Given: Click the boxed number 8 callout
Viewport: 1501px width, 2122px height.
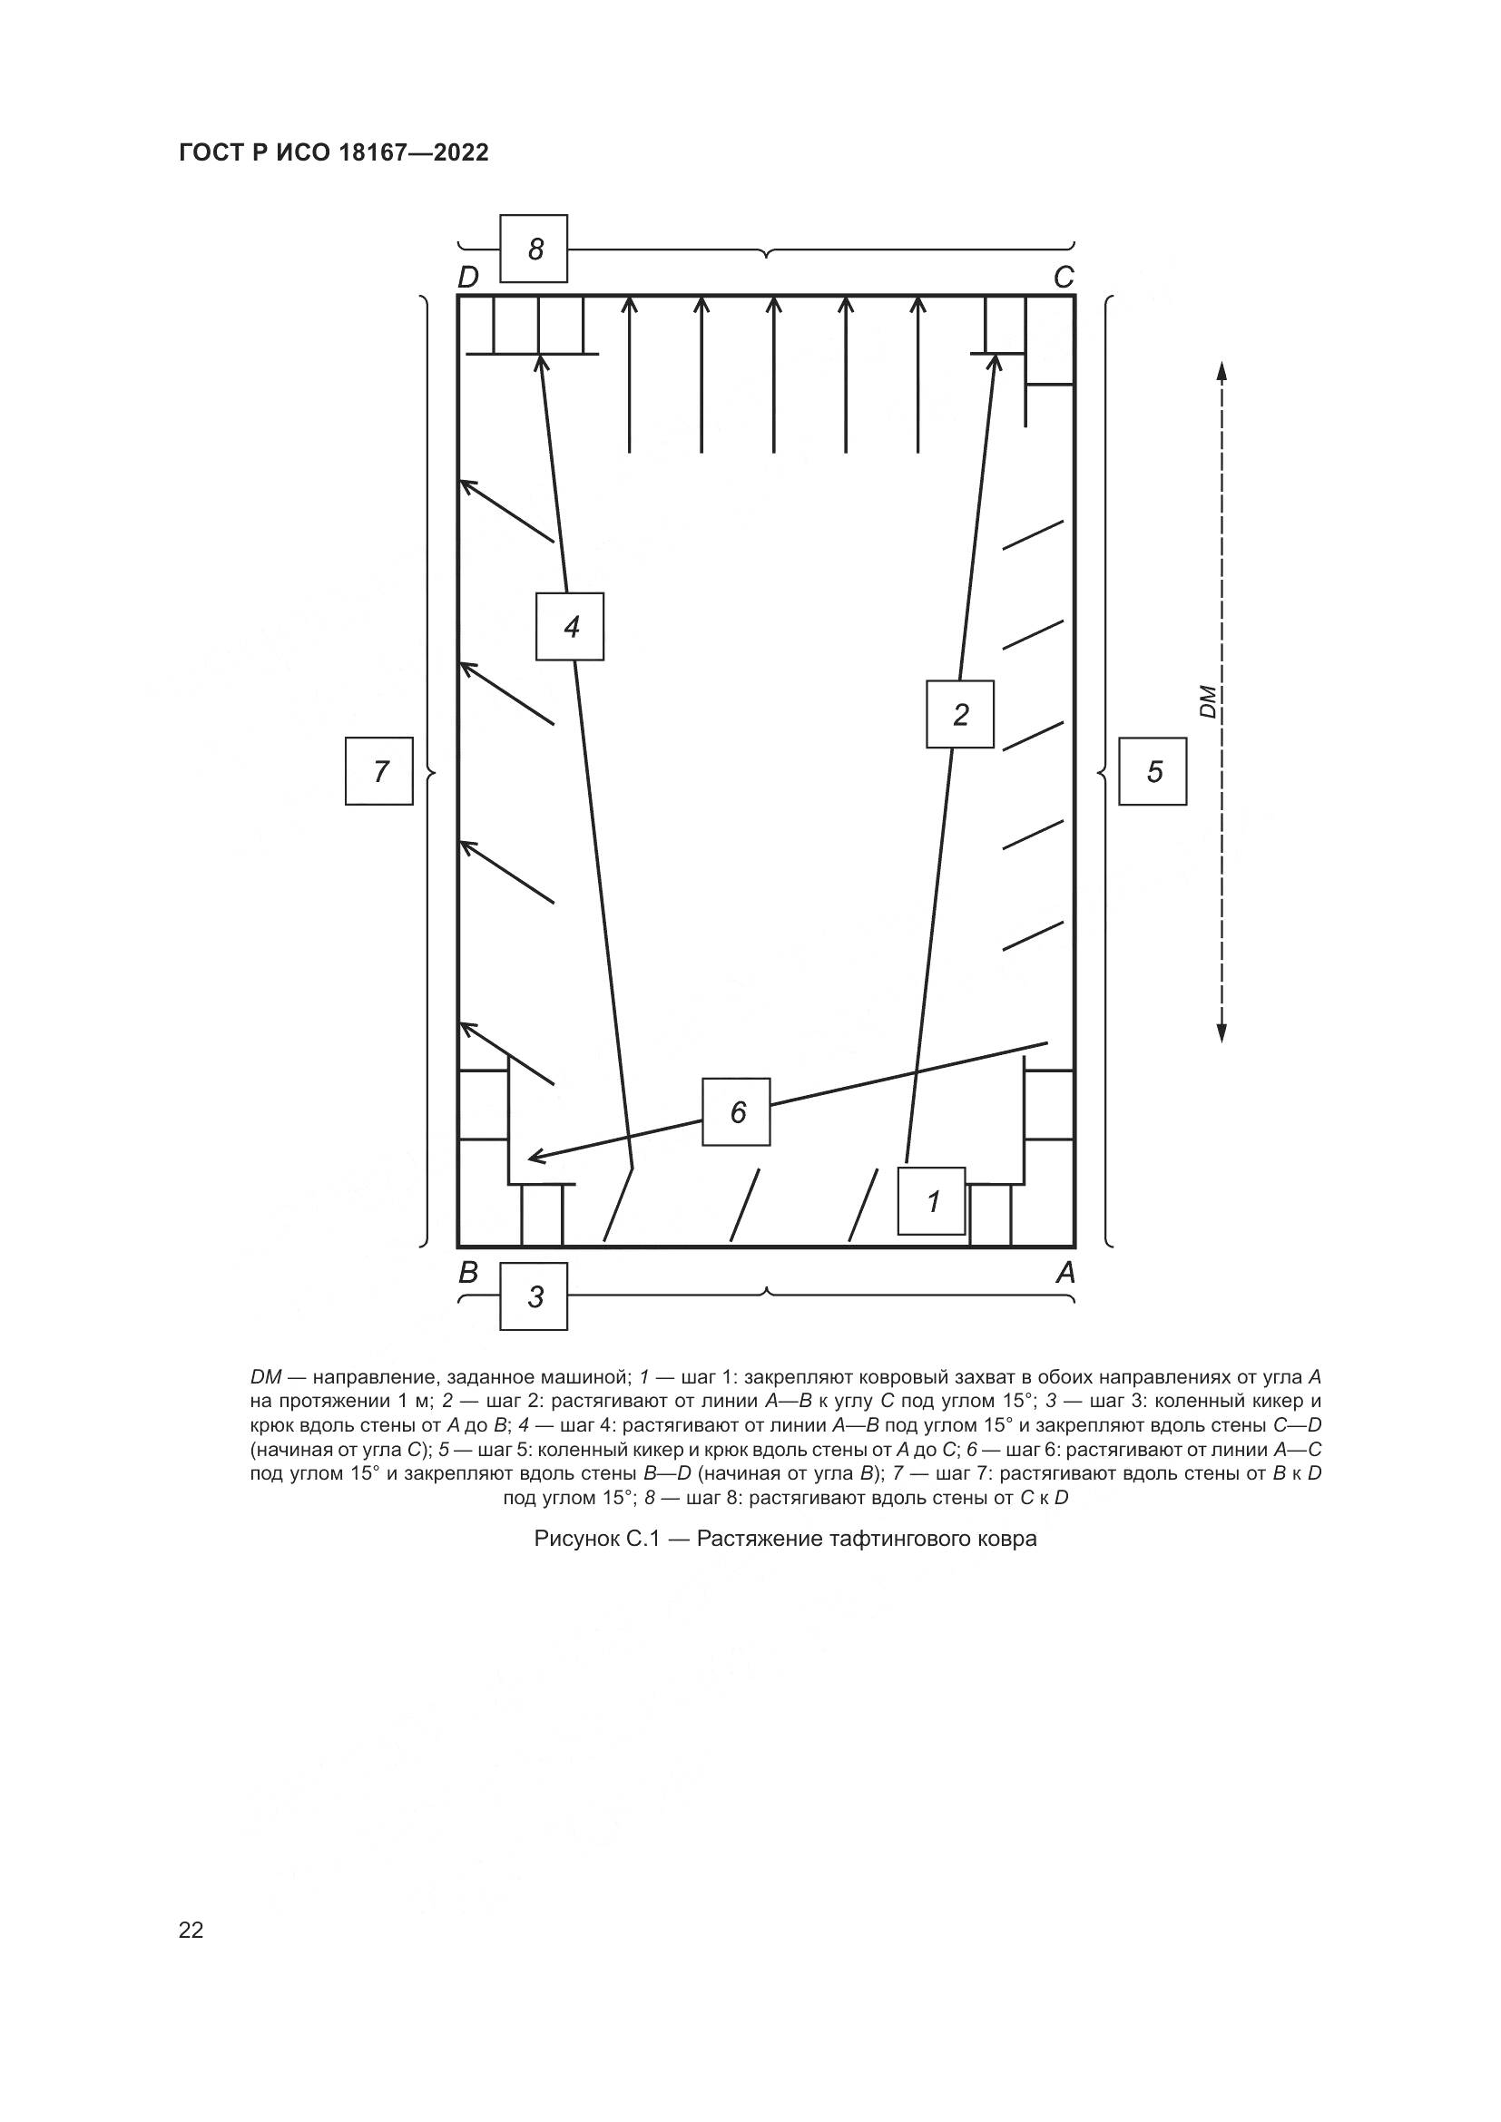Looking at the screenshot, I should (534, 249).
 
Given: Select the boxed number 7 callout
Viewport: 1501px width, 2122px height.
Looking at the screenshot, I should (379, 771).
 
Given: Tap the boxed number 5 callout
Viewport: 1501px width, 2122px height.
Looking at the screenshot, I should (1153, 771).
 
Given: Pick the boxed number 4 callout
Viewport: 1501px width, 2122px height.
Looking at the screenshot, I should (570, 627).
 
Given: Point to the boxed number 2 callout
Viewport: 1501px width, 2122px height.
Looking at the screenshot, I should (960, 714).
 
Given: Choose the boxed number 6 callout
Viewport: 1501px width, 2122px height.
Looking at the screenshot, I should (737, 1112).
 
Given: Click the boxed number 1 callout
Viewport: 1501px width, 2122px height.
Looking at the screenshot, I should (932, 1201).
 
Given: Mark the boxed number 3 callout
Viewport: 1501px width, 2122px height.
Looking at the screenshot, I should (534, 1296).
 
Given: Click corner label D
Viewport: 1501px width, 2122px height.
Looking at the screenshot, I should (468, 278).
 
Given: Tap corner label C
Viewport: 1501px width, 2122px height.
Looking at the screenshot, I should (1064, 278).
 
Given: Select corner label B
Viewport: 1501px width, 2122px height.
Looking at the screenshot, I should (468, 1274).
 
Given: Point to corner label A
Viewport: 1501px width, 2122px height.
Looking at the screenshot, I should (1065, 1274).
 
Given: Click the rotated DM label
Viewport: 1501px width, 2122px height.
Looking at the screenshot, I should (1207, 701).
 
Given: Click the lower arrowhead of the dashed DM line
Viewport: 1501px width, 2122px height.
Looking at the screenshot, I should (1221, 1032).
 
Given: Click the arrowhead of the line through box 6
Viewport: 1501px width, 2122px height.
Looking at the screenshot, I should (535, 1158).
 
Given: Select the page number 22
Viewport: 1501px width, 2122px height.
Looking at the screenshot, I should (191, 1930).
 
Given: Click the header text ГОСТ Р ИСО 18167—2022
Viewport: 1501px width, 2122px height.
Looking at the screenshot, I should (334, 153).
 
